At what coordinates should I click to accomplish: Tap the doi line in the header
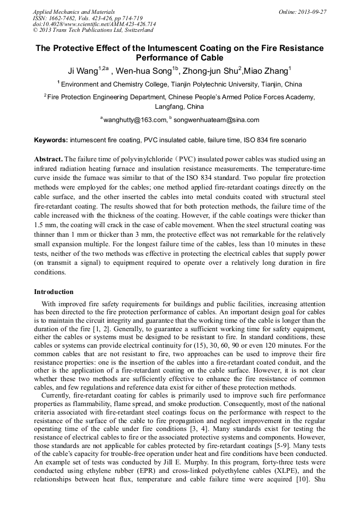95,24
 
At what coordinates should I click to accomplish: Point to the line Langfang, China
179,107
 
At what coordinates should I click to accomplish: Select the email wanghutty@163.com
134,120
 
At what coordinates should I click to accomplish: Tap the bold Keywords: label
51,141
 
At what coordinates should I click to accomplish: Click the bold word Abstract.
48,159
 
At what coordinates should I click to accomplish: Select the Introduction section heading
54,292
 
